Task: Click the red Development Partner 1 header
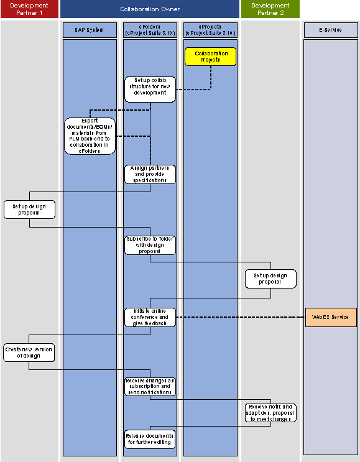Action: (29, 9)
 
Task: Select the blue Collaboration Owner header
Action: (150, 9)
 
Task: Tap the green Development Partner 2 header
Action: (270, 9)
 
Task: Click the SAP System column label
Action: (90, 30)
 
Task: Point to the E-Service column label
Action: (331, 30)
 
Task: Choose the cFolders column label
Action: (150, 30)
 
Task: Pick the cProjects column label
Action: (210, 30)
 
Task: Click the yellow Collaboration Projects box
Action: (211, 57)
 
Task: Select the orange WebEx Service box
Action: (331, 317)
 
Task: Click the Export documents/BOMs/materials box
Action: (90, 136)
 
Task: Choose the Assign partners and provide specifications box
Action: (150, 174)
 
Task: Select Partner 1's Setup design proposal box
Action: (29, 209)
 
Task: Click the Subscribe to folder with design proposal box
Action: (150, 245)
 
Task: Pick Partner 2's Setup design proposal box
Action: (270, 279)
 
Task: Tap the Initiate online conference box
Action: (150, 317)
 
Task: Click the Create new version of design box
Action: (29, 353)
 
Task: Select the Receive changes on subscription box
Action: (150, 386)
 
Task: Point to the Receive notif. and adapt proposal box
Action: (270, 412)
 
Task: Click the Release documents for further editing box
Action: (150, 438)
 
